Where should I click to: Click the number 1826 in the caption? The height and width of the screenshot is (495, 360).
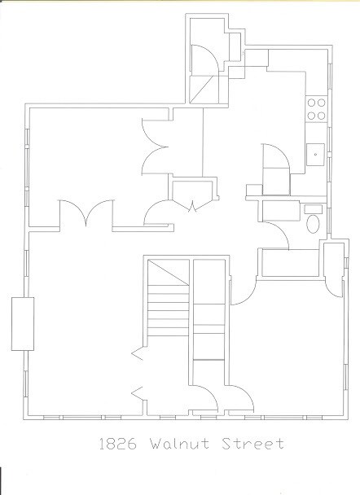118,443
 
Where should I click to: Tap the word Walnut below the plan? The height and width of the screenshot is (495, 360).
179,443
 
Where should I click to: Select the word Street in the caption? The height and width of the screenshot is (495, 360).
252,443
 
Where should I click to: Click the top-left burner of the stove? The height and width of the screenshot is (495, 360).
312,103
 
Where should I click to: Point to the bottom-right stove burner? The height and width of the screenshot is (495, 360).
322,116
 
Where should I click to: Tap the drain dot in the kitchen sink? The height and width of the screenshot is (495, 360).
315,155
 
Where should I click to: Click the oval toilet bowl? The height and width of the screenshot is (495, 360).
313,224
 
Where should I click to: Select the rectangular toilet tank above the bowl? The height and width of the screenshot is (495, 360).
313,209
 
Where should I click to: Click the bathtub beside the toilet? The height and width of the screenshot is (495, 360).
281,211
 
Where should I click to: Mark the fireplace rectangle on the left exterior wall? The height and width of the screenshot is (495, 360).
23,323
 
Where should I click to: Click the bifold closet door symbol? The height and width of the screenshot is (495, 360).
193,205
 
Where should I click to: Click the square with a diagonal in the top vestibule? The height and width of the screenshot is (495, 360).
204,90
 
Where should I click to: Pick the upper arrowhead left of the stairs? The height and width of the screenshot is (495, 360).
137,354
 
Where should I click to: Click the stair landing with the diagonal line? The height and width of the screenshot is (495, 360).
169,272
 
